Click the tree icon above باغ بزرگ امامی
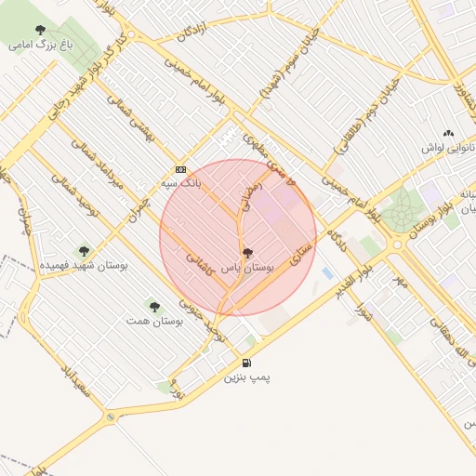(x=40, y=30)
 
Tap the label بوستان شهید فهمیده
(x=85, y=267)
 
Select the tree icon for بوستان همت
(x=154, y=306)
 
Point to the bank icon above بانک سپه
(x=180, y=169)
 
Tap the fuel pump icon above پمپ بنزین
(x=245, y=363)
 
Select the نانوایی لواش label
(x=450, y=149)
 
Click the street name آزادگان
(x=192, y=29)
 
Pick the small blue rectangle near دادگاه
(x=327, y=272)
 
